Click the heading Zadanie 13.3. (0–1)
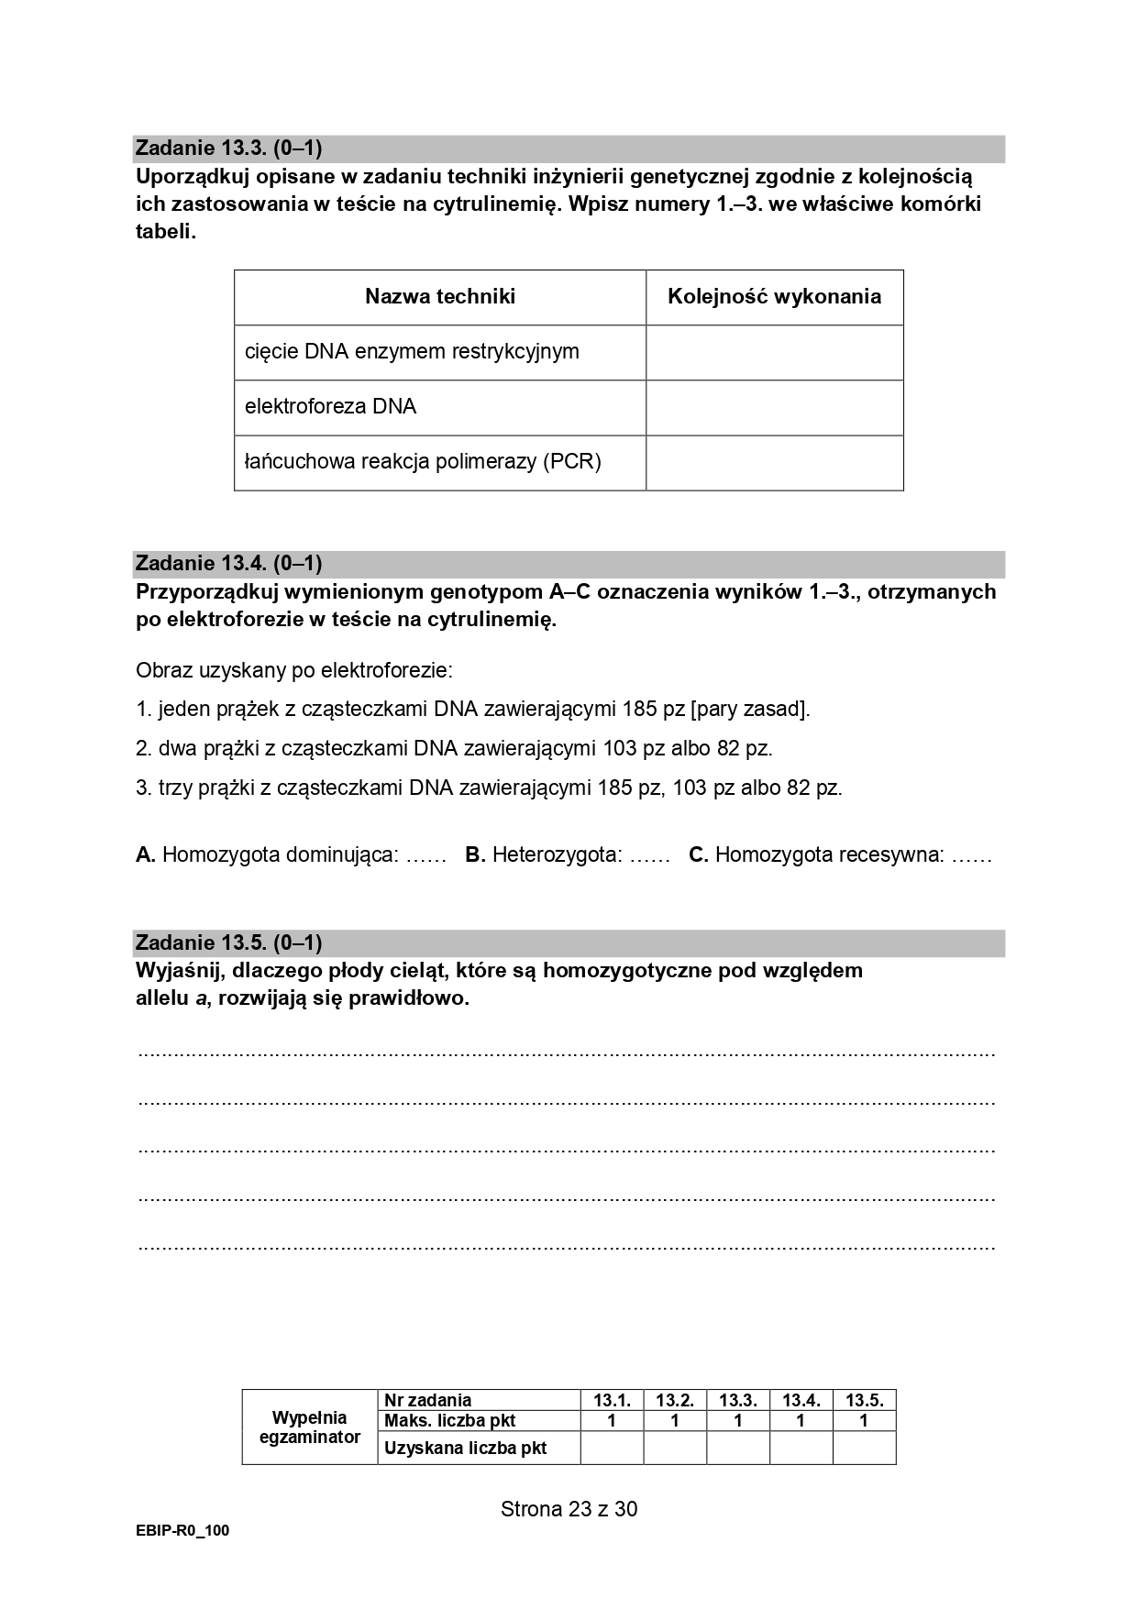(x=228, y=149)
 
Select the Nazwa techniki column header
(x=440, y=297)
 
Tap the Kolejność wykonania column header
(x=774, y=297)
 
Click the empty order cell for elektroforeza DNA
(x=774, y=407)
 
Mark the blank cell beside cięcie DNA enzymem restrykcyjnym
(x=774, y=352)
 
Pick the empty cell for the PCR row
(x=774, y=462)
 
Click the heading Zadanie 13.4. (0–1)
(x=228, y=564)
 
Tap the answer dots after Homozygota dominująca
(x=425, y=856)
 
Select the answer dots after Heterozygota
(x=650, y=856)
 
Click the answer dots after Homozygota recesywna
(x=972, y=856)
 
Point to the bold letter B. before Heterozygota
(x=474, y=855)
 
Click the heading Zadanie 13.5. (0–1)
(x=228, y=943)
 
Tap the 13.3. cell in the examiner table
(x=737, y=1400)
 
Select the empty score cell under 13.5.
(x=864, y=1448)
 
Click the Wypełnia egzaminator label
(x=310, y=1427)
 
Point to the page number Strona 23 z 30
(x=569, y=1509)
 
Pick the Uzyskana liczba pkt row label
(x=466, y=1449)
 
